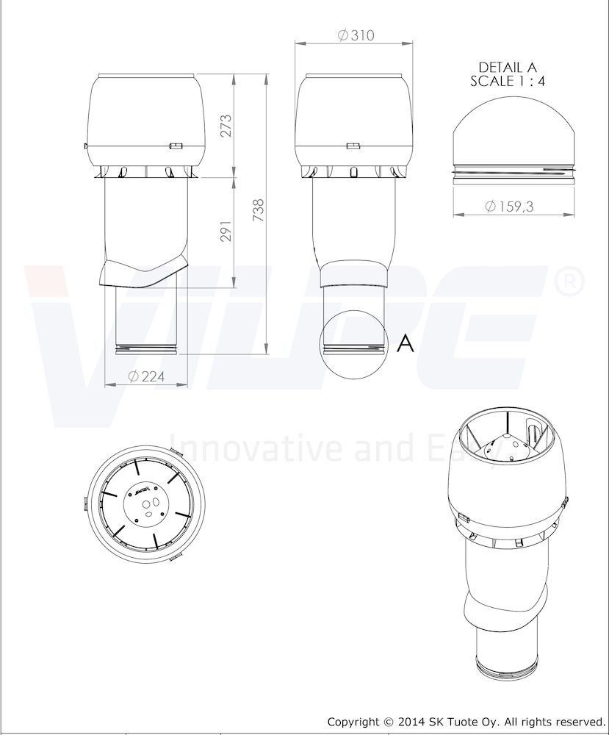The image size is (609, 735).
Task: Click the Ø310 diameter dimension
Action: (x=356, y=35)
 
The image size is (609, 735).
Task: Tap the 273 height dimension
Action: (x=226, y=125)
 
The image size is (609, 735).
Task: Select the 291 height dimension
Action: (x=226, y=231)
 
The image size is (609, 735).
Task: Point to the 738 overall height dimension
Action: (x=258, y=210)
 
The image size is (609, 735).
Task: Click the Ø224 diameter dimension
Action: (x=146, y=376)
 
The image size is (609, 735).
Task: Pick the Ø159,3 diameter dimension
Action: (x=509, y=207)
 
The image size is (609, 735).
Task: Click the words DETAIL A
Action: (x=508, y=68)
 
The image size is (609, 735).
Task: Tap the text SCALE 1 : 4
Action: (x=508, y=81)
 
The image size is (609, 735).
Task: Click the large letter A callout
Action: (x=406, y=343)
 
